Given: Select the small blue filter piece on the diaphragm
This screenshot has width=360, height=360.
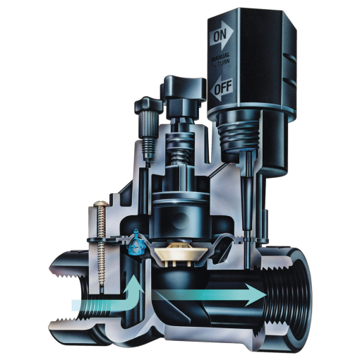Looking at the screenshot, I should [134, 245].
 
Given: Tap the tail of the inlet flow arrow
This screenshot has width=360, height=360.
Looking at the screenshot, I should [78, 305].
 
